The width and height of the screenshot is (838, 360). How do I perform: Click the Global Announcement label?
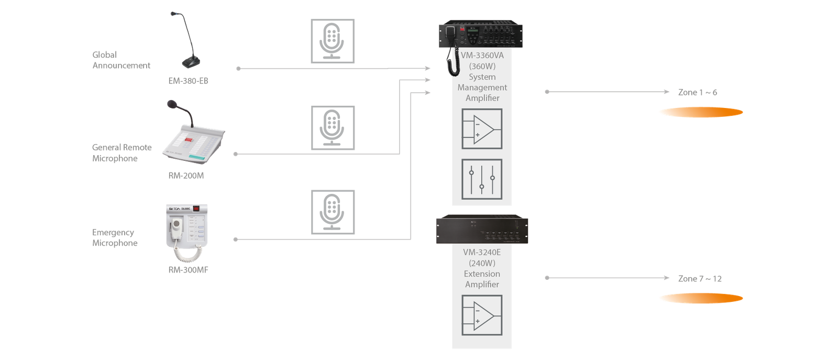coord(121,60)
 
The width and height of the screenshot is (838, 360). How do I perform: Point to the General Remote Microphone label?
coord(122,153)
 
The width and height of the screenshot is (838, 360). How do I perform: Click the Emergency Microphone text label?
coord(114,237)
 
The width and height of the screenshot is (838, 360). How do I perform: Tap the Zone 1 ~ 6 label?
coord(697,92)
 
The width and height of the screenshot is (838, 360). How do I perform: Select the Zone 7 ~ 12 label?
coord(700,279)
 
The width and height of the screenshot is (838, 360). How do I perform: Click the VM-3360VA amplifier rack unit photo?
coord(481,35)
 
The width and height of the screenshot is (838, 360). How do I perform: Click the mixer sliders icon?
coord(482,179)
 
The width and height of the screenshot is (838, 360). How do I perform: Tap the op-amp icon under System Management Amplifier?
coord(482,129)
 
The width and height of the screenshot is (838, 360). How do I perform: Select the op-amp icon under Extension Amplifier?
coord(482,315)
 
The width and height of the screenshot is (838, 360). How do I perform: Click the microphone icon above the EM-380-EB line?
coord(333,41)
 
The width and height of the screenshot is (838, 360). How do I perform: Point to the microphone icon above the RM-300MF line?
coord(333,212)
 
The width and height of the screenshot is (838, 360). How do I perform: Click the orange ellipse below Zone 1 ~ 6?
coord(701,112)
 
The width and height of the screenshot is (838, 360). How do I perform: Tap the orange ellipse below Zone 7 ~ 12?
coord(701,299)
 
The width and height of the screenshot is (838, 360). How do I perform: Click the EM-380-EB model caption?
coord(188,81)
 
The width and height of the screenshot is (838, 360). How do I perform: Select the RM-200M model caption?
coord(186,176)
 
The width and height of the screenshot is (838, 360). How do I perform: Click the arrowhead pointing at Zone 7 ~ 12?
coord(667,278)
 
